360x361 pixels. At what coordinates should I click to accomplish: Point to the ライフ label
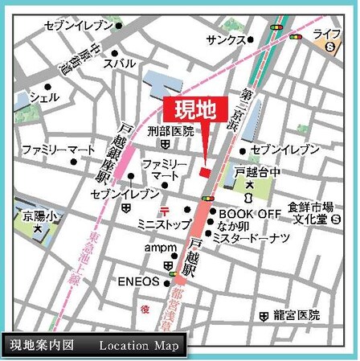point(327,33)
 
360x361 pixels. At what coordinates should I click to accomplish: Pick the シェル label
point(44,96)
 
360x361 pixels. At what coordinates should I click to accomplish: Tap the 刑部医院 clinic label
point(171,131)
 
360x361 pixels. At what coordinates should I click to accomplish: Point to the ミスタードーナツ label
point(256,238)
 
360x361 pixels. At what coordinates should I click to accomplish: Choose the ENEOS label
point(140,281)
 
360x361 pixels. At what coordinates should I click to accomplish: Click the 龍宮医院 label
point(295,314)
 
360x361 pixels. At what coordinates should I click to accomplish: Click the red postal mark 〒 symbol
point(164,211)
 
